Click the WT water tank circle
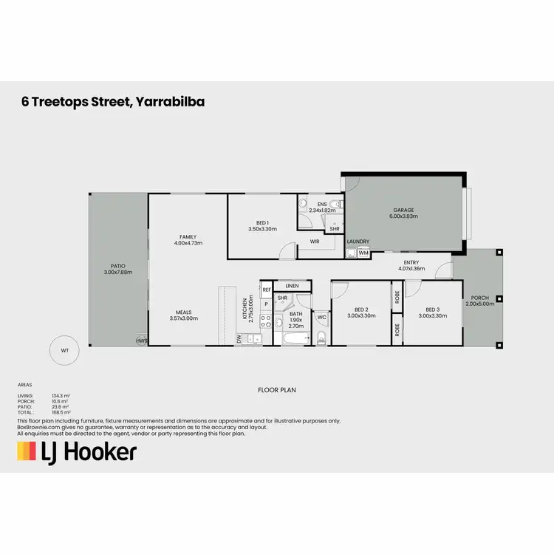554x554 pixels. (x=65, y=349)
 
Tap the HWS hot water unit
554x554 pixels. (x=141, y=341)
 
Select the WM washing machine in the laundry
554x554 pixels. (x=363, y=253)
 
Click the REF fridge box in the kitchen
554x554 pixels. (x=267, y=290)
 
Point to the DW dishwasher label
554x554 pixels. (x=239, y=338)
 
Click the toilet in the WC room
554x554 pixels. (x=321, y=338)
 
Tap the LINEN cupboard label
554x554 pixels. (x=292, y=285)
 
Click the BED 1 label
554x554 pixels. (x=262, y=222)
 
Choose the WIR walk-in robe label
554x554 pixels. (x=315, y=241)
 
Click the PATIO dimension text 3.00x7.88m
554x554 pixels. (x=118, y=271)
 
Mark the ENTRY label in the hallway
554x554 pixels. (x=411, y=262)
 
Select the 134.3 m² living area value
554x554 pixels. (x=61, y=396)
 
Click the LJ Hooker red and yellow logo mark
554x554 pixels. (x=27, y=451)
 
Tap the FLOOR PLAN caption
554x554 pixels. (x=276, y=389)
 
